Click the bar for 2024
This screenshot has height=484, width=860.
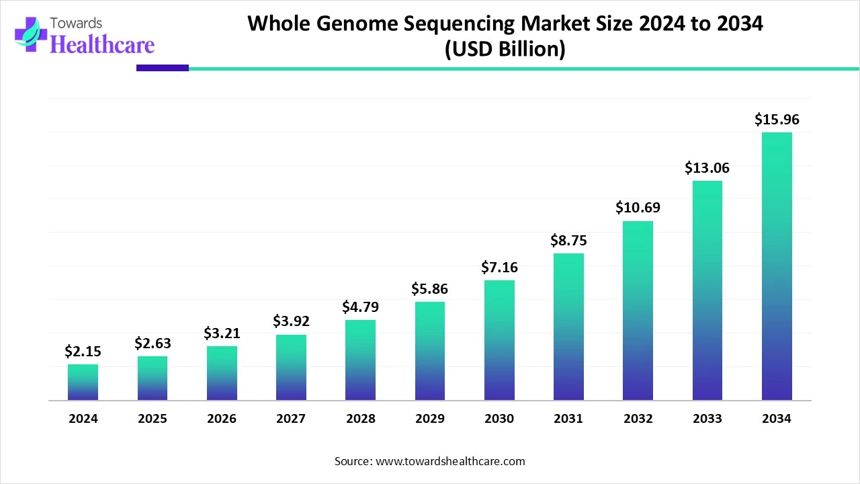(83, 382)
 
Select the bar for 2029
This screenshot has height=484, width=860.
(430, 351)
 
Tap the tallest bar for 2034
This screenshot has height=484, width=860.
(777, 266)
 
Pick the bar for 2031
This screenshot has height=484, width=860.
(568, 327)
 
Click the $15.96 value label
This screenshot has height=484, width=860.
(777, 120)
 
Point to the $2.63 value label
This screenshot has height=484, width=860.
(153, 344)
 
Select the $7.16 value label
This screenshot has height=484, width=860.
(499, 268)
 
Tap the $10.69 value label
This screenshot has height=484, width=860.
(638, 208)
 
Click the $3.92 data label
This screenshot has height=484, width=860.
(291, 321)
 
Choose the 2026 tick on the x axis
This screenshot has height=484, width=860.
(222, 419)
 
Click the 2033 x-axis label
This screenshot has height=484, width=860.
(707, 419)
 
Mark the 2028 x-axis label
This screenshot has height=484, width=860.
(360, 419)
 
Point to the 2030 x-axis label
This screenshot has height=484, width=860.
(499, 419)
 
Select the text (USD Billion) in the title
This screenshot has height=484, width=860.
(505, 50)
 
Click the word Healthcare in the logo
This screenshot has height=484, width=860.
(102, 44)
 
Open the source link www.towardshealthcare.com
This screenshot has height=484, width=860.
(449, 461)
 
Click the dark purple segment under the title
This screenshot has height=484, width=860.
(162, 68)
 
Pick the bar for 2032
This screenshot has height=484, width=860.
(638, 311)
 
